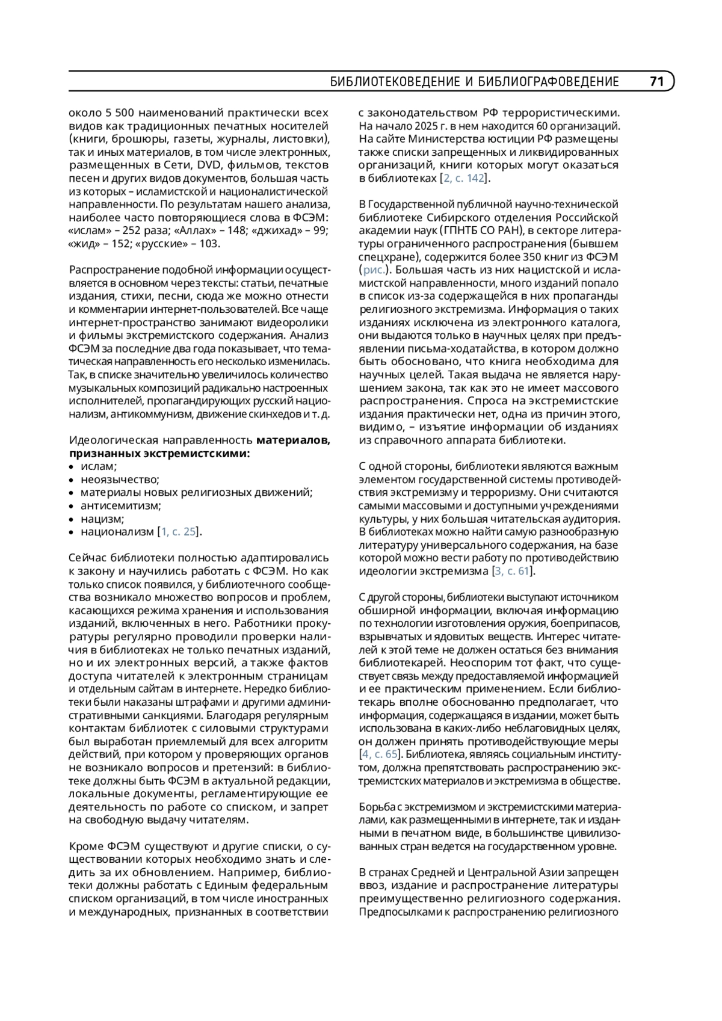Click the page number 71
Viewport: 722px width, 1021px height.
[656, 81]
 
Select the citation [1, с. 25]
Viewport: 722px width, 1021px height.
[179, 532]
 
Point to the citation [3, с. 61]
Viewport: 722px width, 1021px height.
[513, 571]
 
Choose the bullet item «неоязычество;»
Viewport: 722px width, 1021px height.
[120, 480]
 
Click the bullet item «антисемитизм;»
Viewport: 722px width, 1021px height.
[120, 505]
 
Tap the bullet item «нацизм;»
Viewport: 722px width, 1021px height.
[102, 519]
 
